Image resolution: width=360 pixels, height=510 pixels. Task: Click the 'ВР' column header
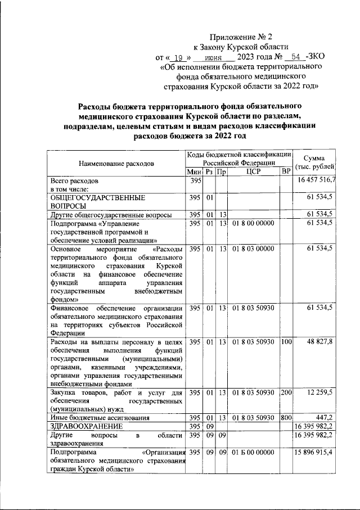tap(286, 171)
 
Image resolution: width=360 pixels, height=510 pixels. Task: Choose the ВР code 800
tap(286, 418)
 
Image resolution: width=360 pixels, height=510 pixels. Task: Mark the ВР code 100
tap(286, 342)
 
